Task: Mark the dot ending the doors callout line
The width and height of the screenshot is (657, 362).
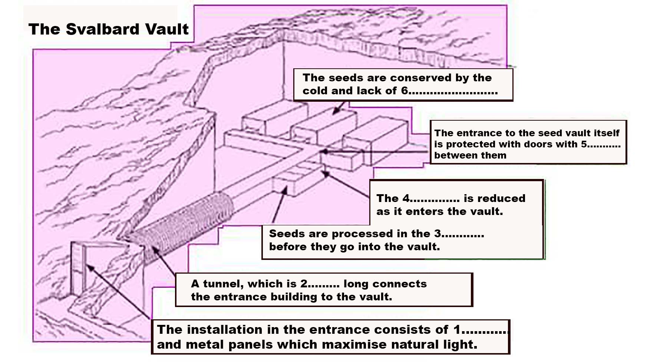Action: tap(325, 151)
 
